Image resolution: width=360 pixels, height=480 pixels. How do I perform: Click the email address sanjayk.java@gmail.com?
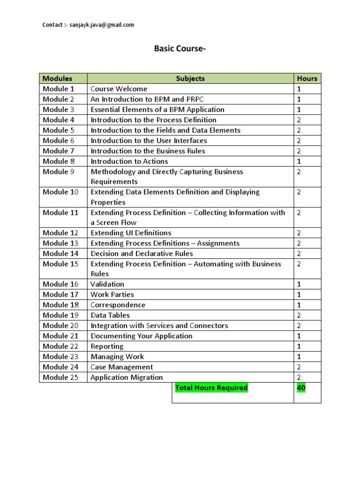click(x=101, y=25)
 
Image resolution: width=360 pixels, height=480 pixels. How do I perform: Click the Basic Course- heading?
click(x=180, y=49)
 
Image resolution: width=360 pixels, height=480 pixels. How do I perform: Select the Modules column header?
click(x=58, y=78)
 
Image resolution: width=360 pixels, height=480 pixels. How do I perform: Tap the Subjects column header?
click(x=190, y=78)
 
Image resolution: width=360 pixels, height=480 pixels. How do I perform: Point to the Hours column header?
click(x=307, y=78)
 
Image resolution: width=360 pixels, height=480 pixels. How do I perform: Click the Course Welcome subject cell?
click(x=119, y=89)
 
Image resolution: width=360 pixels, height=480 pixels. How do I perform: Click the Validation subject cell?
click(x=107, y=284)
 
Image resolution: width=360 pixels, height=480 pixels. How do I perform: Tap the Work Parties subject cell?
click(x=112, y=294)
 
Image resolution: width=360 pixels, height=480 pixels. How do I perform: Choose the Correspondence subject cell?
click(x=118, y=305)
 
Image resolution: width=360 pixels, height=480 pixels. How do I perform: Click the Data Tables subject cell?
click(x=110, y=315)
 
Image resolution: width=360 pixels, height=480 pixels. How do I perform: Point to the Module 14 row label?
click(x=60, y=253)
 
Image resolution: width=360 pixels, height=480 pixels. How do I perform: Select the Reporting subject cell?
click(x=107, y=346)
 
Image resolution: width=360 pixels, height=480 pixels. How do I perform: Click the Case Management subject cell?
click(x=121, y=367)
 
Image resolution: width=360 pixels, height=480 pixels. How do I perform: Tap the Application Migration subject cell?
click(x=127, y=377)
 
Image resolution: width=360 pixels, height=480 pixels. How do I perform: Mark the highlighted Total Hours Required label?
click(x=211, y=388)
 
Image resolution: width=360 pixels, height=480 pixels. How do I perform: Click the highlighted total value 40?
click(x=301, y=388)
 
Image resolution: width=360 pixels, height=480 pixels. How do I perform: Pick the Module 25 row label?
click(x=60, y=377)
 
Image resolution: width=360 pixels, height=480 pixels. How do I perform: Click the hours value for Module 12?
click(x=299, y=232)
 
